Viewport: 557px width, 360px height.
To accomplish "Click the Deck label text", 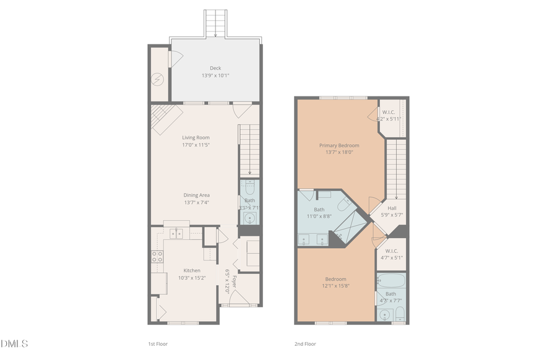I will click(215, 68).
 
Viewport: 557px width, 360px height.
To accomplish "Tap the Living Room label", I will click(196, 137).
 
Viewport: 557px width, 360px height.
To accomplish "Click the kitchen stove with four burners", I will click(157, 257).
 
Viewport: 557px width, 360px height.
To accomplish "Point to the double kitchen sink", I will click(177, 233).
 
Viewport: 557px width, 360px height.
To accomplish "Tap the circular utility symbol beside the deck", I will click(159, 79).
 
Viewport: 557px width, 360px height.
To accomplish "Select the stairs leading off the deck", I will click(215, 24).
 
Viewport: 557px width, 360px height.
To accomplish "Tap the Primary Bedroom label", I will click(339, 145).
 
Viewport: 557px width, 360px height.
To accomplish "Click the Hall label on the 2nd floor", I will click(392, 208).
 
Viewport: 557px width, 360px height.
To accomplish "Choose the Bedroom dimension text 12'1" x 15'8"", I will click(336, 286).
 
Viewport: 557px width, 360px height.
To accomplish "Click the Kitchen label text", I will click(192, 270).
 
